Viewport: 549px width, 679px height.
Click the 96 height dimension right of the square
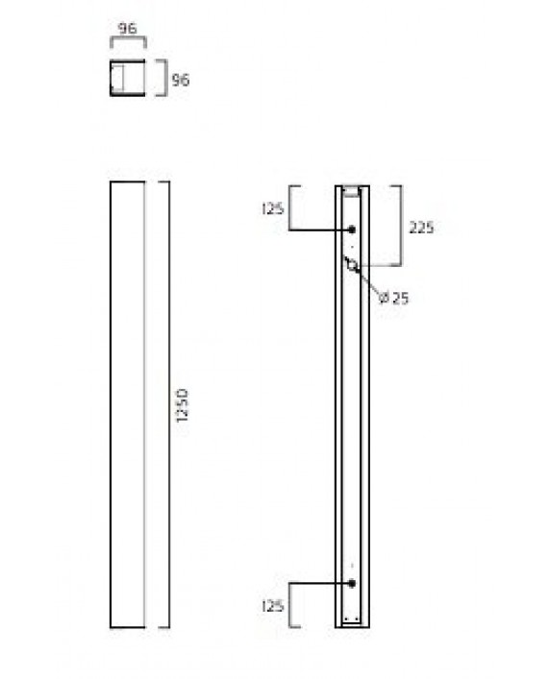click(180, 80)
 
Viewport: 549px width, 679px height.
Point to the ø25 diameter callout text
click(394, 299)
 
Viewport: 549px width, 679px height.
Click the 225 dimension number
click(421, 228)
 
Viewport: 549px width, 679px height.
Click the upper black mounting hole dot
click(352, 230)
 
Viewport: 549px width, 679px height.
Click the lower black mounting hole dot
click(352, 583)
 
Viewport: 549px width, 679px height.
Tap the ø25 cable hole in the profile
click(352, 265)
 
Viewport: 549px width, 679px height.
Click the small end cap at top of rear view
click(352, 189)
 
